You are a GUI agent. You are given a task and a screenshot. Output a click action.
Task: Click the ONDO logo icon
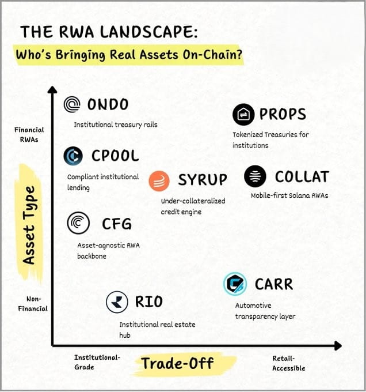click(73, 105)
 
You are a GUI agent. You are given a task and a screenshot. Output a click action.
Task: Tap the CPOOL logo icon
click(74, 156)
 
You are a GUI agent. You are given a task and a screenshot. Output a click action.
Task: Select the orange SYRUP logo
click(159, 180)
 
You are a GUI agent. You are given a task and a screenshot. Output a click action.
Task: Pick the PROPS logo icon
click(243, 114)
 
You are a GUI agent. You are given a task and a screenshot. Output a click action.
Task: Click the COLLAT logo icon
click(255, 176)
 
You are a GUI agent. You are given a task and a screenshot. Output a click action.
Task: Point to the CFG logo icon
click(78, 223)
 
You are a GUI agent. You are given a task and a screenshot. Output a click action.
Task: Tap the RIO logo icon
click(117, 302)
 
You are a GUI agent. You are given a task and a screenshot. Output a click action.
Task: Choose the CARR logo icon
click(235, 284)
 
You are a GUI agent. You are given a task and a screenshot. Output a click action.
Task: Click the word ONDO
click(108, 104)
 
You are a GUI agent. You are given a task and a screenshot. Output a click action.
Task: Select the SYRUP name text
click(202, 180)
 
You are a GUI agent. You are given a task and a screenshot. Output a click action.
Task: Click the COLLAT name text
click(302, 176)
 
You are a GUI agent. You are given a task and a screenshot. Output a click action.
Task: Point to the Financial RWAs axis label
click(29, 134)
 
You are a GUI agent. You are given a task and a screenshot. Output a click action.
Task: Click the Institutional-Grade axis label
click(97, 362)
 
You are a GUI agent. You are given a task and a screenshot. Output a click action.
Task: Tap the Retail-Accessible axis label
click(289, 363)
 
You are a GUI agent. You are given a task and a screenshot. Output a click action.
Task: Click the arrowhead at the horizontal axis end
click(338, 346)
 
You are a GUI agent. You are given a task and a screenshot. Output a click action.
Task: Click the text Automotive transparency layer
click(265, 311)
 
